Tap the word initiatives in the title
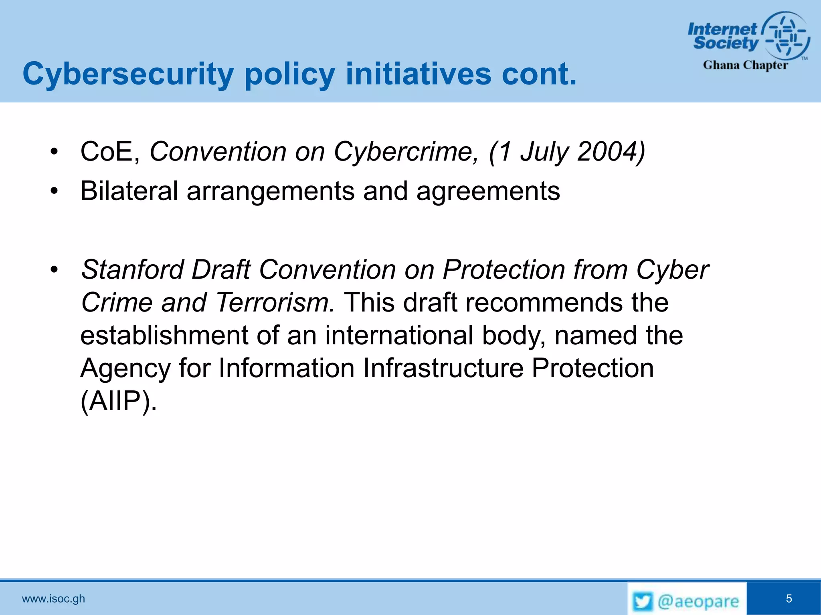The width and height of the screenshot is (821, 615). point(418,74)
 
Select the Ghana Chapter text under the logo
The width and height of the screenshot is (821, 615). point(745,65)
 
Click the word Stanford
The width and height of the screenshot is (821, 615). point(132,269)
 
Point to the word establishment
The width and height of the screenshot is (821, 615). point(164,335)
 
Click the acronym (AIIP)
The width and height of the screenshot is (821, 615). point(118,401)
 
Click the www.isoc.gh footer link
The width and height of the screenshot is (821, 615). point(53,599)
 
